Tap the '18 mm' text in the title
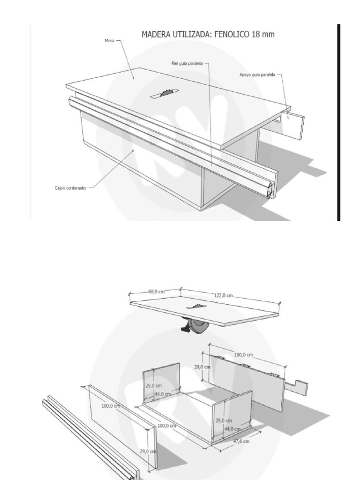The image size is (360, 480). tap(262, 35)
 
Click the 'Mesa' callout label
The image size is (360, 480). tap(109, 41)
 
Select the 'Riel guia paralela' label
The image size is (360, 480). tap(187, 64)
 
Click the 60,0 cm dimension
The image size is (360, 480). tap(157, 292)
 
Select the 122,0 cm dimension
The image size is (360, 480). tap(224, 295)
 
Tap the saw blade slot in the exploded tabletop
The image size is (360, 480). tap(195, 307)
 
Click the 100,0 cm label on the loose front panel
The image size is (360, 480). tap(111, 406)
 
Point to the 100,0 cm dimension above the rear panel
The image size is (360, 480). tap(243, 355)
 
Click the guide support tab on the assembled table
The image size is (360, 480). tap(294, 125)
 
